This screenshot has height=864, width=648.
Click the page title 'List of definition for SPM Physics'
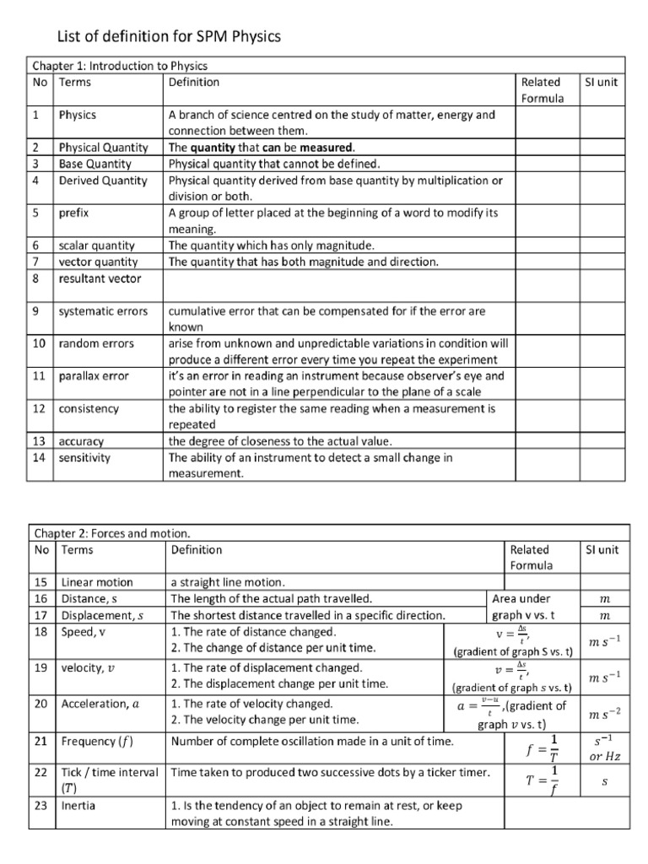click(x=168, y=37)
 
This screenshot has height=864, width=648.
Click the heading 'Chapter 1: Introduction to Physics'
click(x=120, y=66)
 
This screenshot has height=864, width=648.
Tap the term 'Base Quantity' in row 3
click(x=95, y=164)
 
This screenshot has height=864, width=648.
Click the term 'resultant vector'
click(x=100, y=278)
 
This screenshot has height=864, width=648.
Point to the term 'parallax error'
click(x=94, y=376)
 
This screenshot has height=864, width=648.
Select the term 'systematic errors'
click(x=103, y=311)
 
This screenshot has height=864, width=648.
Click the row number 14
click(x=40, y=458)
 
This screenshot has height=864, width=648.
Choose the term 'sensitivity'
click(x=84, y=458)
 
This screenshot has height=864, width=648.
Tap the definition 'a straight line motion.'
click(x=228, y=582)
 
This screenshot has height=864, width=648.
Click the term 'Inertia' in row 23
click(x=78, y=806)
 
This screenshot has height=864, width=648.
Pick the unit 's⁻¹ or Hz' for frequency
click(x=603, y=748)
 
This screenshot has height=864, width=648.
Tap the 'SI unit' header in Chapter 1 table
click(x=602, y=82)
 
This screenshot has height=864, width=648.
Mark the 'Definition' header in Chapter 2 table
click(x=197, y=550)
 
